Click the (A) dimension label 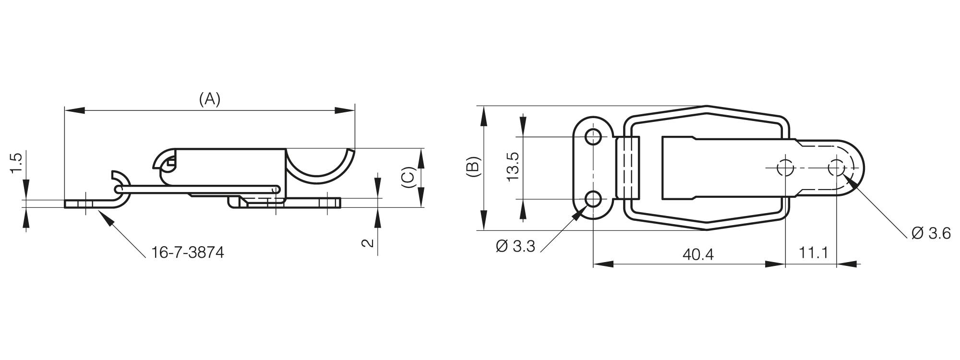[210, 99]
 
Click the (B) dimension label [472, 167]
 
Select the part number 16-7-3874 [188, 252]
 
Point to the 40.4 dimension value [698, 254]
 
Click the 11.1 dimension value [814, 252]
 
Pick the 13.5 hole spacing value [513, 167]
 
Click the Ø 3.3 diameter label [516, 247]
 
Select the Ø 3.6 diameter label [931, 234]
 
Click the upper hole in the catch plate [594, 137]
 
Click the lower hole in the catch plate [594, 198]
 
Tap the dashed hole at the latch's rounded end [836, 168]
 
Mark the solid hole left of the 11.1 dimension [785, 168]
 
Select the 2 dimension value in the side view [367, 242]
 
